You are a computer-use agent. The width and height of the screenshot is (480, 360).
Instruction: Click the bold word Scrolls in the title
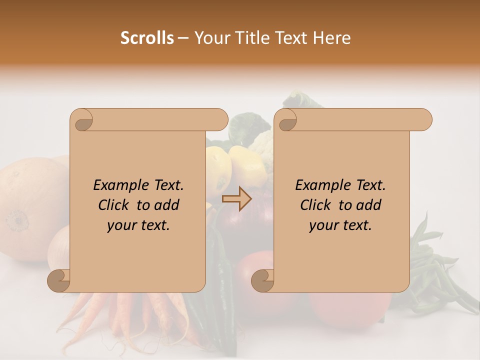click(147, 38)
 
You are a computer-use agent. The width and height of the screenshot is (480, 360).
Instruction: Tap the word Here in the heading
click(332, 38)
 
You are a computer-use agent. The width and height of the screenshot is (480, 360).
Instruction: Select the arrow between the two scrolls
click(236, 198)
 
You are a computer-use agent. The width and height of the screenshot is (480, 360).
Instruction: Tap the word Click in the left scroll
click(114, 205)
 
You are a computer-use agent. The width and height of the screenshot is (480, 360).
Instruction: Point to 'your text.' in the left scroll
click(138, 225)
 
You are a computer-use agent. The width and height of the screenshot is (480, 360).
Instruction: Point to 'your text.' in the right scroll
click(340, 225)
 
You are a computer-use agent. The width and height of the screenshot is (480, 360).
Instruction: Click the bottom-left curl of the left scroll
click(59, 281)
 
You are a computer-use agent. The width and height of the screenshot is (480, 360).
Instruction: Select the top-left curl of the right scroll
click(287, 120)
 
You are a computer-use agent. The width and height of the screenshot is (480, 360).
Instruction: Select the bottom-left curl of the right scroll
click(262, 281)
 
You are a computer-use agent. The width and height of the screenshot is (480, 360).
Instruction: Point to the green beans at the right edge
click(440, 270)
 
